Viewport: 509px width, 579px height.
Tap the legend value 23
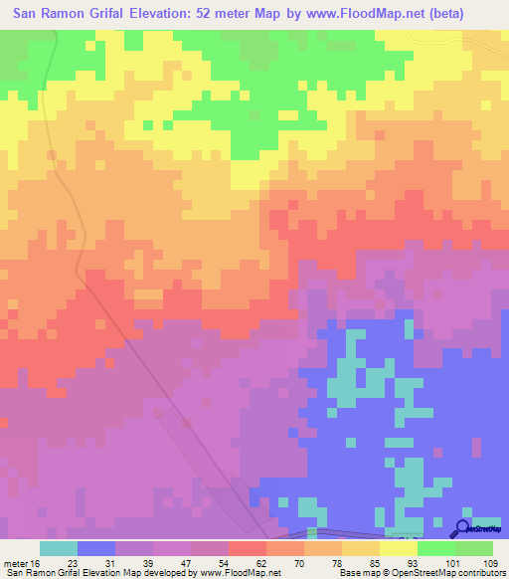[79, 562]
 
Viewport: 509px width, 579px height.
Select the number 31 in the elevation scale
[116, 562]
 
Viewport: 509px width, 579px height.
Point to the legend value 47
[192, 562]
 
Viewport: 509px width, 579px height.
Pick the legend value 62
[267, 562]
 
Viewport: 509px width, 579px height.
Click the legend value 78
[343, 562]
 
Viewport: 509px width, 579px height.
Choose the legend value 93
[419, 562]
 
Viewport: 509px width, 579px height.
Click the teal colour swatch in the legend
[59, 548]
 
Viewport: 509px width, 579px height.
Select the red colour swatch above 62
[248, 548]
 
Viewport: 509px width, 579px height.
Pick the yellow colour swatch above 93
[399, 548]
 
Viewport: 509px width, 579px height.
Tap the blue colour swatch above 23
[96, 548]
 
